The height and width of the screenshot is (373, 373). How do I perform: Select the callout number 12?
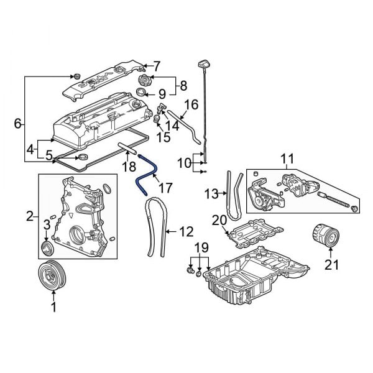[186, 232]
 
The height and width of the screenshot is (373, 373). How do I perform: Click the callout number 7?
[157, 65]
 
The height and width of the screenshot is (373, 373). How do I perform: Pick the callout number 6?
[17, 124]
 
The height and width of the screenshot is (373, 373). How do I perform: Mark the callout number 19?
[198, 249]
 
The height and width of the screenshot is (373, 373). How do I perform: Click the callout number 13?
[210, 193]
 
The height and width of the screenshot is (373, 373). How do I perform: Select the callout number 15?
[163, 137]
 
